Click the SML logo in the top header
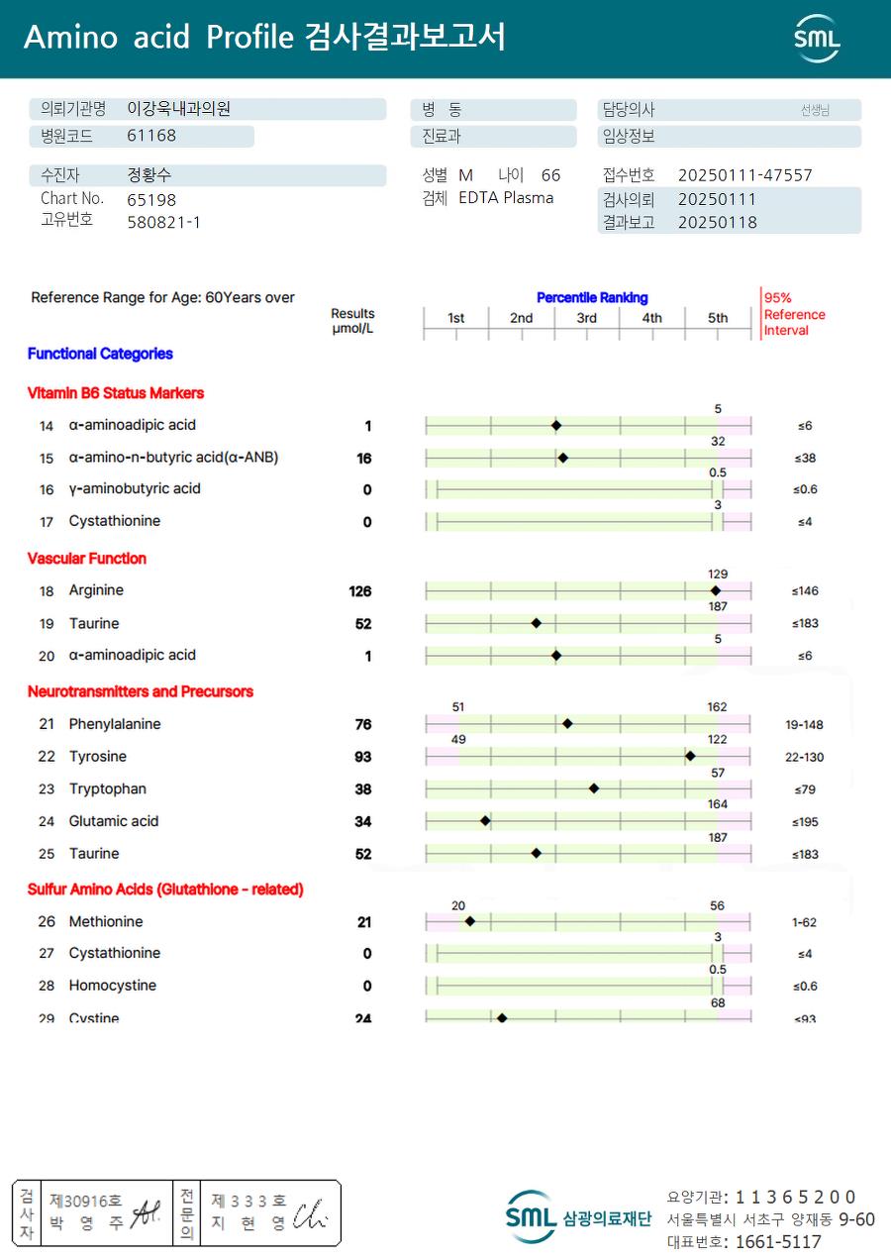pyautogui.click(x=817, y=39)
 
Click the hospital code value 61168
pyautogui.click(x=151, y=136)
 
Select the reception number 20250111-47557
pyautogui.click(x=744, y=175)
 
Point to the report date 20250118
pyautogui.click(x=717, y=222)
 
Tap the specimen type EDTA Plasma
pyautogui.click(x=506, y=198)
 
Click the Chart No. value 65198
pyautogui.click(x=151, y=199)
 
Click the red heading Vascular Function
pyautogui.click(x=87, y=559)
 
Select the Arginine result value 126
pyautogui.click(x=359, y=591)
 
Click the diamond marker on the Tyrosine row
pyautogui.click(x=690, y=757)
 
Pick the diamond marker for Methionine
pyautogui.click(x=469, y=921)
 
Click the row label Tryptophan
pyautogui.click(x=107, y=789)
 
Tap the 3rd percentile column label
pyautogui.click(x=587, y=318)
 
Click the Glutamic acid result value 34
pyautogui.click(x=363, y=822)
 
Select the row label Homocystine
pyautogui.click(x=112, y=986)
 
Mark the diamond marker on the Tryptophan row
pyautogui.click(x=594, y=788)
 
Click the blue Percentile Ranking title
pyautogui.click(x=592, y=297)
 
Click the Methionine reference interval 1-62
pyautogui.click(x=804, y=922)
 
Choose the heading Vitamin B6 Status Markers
pyautogui.click(x=115, y=393)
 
